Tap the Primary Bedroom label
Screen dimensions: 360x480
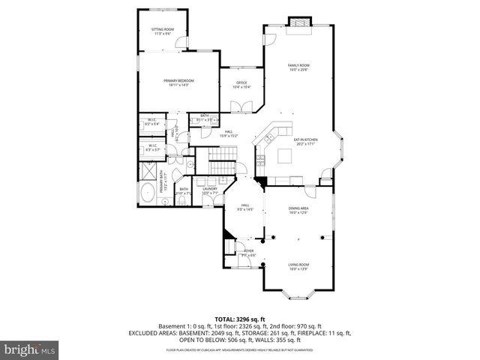[x=178, y=82]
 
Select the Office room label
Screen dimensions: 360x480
[x=241, y=85]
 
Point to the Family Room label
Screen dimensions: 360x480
[x=298, y=67]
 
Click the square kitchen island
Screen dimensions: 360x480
[x=285, y=155]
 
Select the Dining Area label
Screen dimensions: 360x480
[x=298, y=211]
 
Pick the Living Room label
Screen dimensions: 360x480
[x=298, y=265]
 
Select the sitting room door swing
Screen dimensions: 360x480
[x=180, y=43]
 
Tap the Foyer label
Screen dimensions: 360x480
[x=248, y=253]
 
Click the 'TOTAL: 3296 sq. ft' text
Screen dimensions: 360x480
[x=240, y=319]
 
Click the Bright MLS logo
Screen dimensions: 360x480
[x=29, y=349]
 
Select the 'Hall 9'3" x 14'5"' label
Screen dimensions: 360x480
[x=244, y=206]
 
